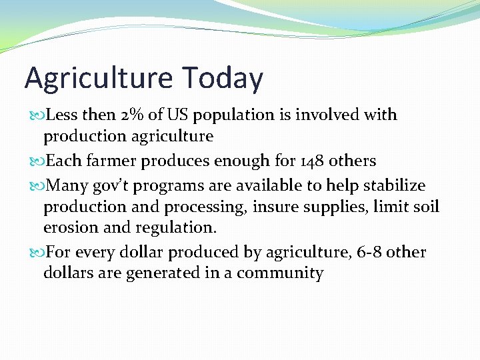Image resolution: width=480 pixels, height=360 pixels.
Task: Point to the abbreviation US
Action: click(178, 115)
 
